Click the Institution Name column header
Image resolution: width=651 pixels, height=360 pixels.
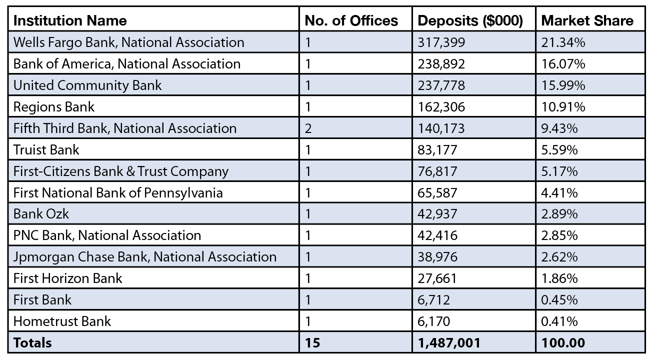pyautogui.click(x=70, y=20)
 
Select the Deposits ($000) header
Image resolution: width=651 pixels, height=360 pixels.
pyautogui.click(x=470, y=20)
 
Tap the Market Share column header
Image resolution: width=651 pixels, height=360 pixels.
pyautogui.click(x=587, y=20)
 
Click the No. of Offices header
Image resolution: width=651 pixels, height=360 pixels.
pyautogui.click(x=351, y=20)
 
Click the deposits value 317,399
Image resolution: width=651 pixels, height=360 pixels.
pyautogui.click(x=441, y=42)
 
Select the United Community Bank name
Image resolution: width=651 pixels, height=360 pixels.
pyautogui.click(x=87, y=85)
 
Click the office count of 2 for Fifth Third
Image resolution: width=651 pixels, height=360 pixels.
pyautogui.click(x=308, y=128)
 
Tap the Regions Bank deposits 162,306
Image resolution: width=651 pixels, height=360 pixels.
pyautogui.click(x=441, y=107)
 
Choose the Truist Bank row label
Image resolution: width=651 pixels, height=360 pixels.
pyautogui.click(x=46, y=149)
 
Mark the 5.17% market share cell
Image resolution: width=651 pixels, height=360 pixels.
pyautogui.click(x=559, y=171)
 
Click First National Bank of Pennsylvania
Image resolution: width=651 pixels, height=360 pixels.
pyautogui.click(x=118, y=192)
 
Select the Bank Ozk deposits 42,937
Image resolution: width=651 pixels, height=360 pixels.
pyautogui.click(x=437, y=214)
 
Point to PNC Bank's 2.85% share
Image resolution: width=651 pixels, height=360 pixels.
pyautogui.click(x=559, y=235)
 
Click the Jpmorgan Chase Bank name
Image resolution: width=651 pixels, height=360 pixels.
pyautogui.click(x=145, y=257)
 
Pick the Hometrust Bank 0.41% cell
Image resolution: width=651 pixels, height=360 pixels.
pyautogui.click(x=559, y=321)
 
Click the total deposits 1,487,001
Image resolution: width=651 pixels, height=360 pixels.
pyautogui.click(x=449, y=343)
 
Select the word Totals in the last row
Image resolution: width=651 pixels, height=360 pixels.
pyautogui.click(x=32, y=343)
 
